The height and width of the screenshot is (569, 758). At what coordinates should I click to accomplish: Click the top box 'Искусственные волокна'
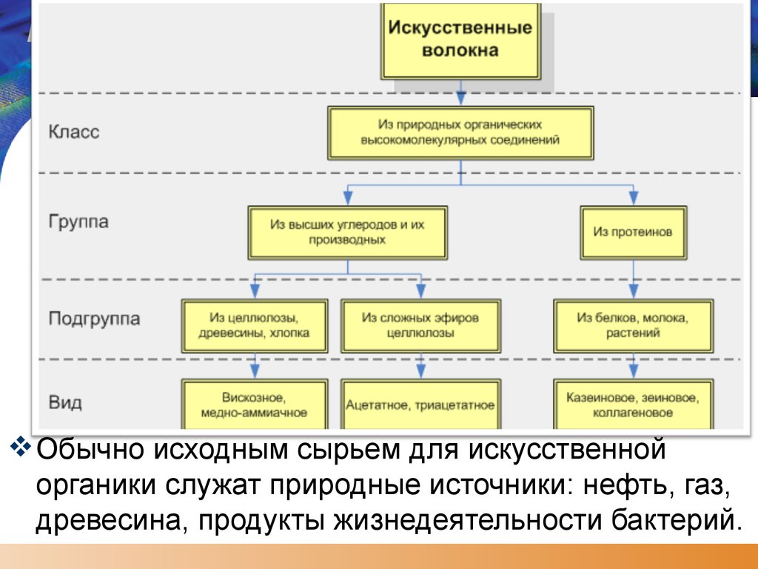[x=460, y=40]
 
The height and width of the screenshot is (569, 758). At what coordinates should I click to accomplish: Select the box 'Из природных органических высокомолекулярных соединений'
[x=460, y=133]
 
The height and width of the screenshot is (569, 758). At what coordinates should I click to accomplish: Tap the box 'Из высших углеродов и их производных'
[x=347, y=232]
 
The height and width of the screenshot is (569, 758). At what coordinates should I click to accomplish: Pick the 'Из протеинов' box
[x=633, y=232]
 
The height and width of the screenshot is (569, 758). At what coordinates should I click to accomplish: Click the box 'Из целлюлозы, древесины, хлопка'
[x=254, y=325]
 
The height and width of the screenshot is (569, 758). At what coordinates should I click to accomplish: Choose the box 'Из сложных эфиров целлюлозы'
[x=420, y=325]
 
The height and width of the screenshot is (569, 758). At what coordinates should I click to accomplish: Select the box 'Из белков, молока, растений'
[x=633, y=325]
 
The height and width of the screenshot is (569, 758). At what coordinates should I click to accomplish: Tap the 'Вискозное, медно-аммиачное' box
[x=254, y=405]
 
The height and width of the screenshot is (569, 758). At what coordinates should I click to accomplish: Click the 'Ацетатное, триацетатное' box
[x=420, y=405]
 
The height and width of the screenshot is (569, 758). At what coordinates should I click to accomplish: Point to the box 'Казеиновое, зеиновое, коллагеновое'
[x=633, y=405]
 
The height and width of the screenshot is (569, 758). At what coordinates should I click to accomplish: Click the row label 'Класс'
[x=74, y=132]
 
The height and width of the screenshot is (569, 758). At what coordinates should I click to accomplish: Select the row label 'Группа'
[x=78, y=222]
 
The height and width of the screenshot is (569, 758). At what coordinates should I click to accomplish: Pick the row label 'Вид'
[x=65, y=404]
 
